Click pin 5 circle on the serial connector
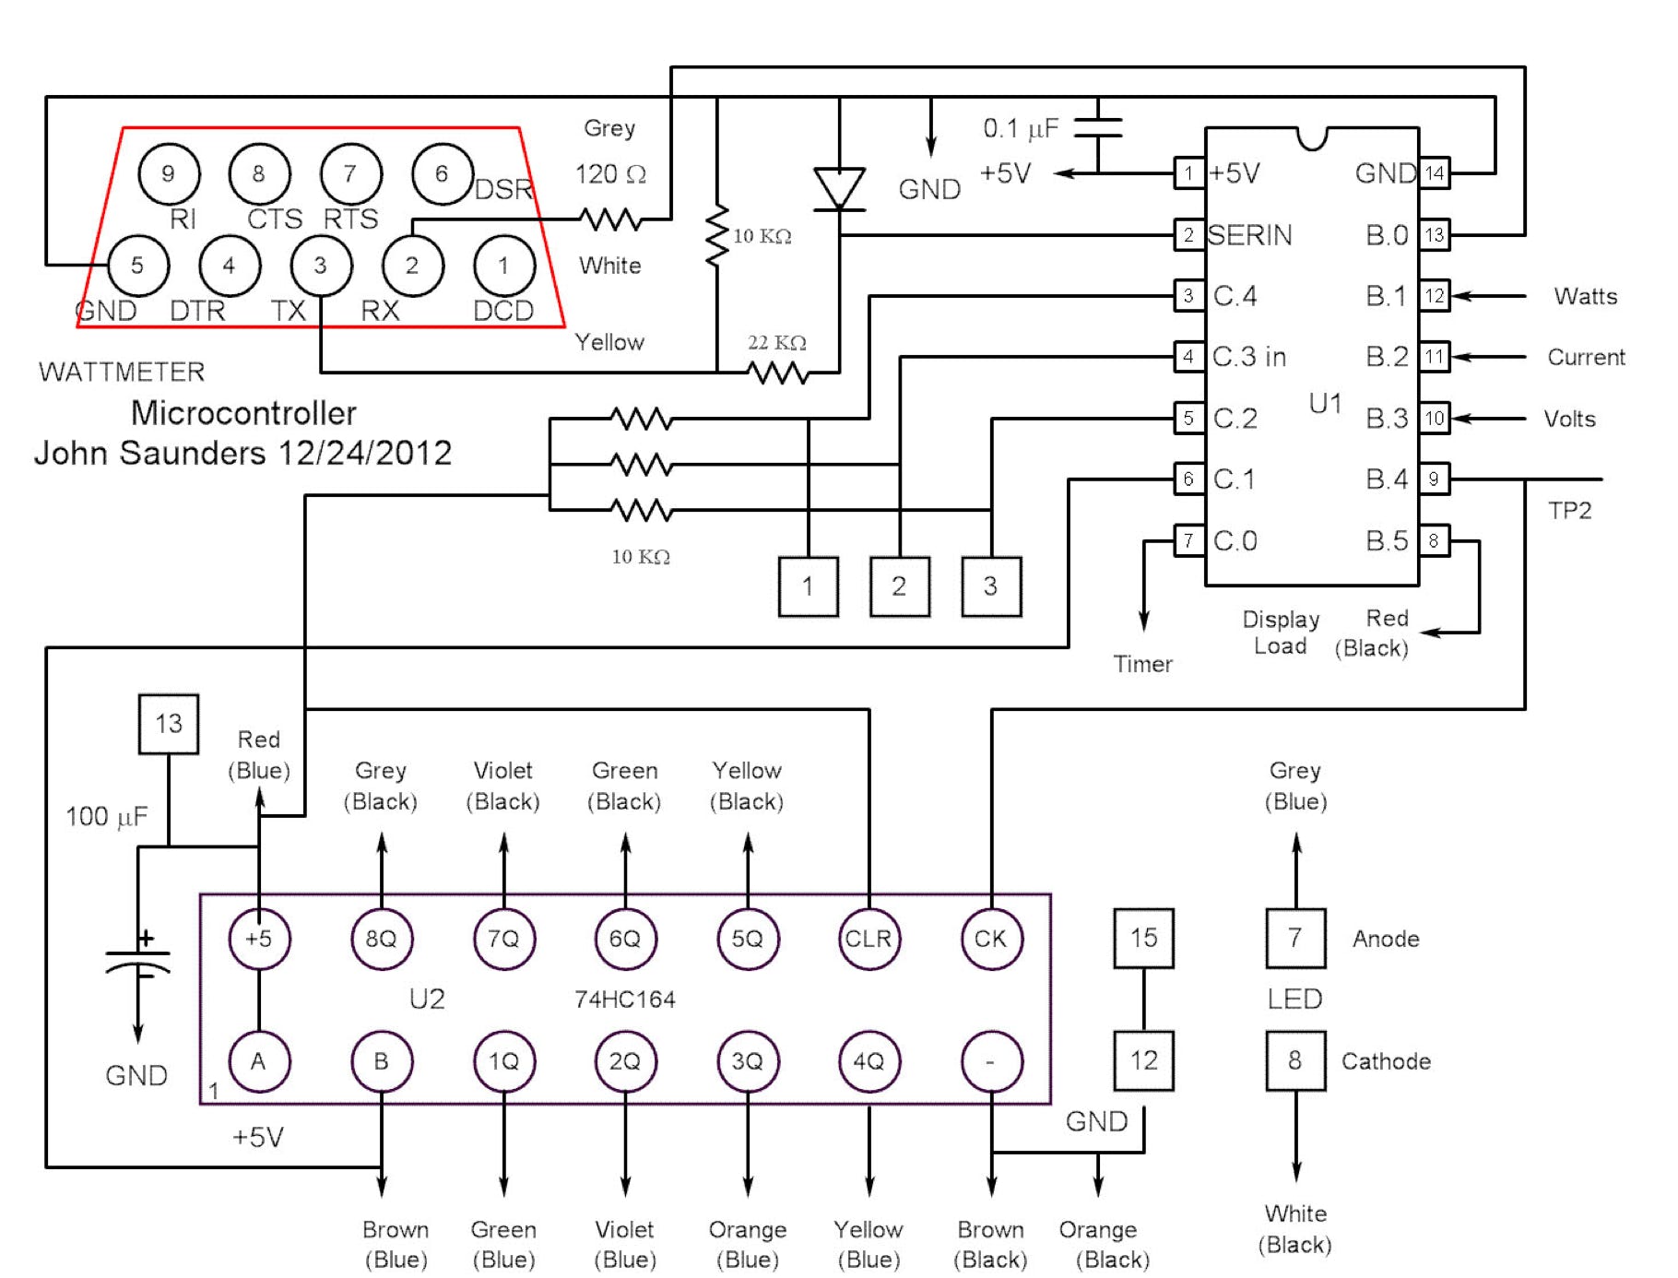coord(137,266)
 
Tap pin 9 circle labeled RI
coord(168,173)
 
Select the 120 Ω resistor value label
coord(610,173)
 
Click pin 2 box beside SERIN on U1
coord(1188,235)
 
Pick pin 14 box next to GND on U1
coord(1434,173)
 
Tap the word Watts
coord(1585,296)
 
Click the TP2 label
coord(1569,511)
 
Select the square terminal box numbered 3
coord(991,586)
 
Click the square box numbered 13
coord(169,724)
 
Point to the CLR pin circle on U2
coord(869,939)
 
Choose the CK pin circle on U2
coord(991,939)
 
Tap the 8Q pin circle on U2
coord(382,939)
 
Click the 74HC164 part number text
coord(624,1000)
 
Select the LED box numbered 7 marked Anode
coord(1295,939)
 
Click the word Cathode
coord(1386,1061)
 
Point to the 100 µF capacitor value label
coord(106,817)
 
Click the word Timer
coord(1142,664)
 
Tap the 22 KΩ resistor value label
coord(776,343)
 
